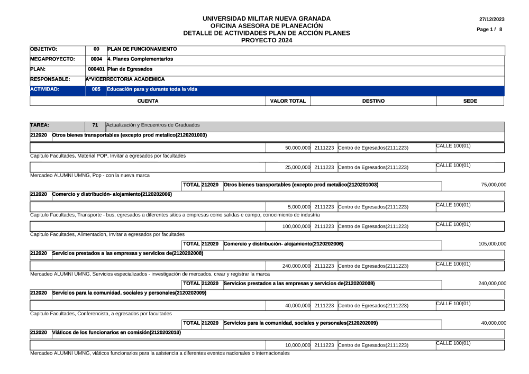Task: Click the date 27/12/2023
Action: tap(491, 20)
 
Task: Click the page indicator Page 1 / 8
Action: tap(489, 29)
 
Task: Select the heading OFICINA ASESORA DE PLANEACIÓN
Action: tap(267, 25)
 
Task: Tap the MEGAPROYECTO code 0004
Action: tap(96, 59)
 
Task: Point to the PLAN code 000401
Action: tap(96, 69)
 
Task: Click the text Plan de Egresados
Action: tap(130, 69)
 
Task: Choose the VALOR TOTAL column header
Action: tap(288, 101)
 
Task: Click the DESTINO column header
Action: tap(373, 101)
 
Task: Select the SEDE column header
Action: tap(470, 101)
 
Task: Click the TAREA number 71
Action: tap(95, 125)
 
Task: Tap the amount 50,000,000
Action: tap(297, 148)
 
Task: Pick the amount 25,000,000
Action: tap(297, 167)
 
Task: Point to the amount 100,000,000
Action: tap(296, 226)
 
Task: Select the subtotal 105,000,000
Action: tap(492, 244)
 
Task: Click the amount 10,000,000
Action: tap(297, 345)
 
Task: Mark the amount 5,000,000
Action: tap(299, 207)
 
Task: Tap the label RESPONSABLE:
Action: tap(50, 79)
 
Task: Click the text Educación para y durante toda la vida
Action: tap(152, 89)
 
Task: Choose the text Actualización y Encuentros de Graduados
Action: tap(153, 125)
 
